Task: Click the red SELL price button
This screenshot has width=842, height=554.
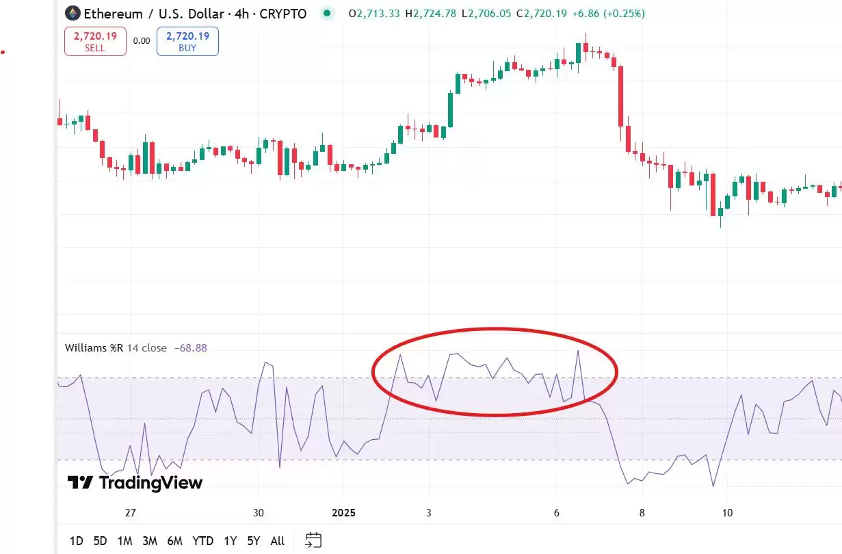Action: pos(95,41)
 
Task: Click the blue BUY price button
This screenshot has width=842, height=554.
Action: pos(187,41)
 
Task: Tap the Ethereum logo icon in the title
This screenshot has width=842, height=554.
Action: pos(72,13)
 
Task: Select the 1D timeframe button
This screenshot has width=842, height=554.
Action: pos(76,541)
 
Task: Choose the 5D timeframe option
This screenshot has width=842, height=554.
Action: pos(100,541)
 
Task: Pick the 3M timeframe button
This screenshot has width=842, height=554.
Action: pos(150,541)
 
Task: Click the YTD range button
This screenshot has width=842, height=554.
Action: pos(202,541)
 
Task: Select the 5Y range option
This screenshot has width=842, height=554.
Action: pos(254,541)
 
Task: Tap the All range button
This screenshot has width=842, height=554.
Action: pos(277,541)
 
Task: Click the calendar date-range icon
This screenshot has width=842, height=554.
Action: pos(313,540)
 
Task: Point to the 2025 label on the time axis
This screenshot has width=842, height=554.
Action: pos(345,513)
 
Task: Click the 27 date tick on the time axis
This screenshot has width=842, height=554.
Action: pos(131,513)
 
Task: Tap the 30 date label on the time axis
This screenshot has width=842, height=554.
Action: pos(258,513)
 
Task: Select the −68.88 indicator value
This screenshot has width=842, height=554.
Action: pos(191,348)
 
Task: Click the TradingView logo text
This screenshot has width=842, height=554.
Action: pos(135,483)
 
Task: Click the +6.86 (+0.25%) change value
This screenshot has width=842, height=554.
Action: pos(608,14)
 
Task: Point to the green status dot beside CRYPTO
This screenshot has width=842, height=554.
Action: pos(328,13)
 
